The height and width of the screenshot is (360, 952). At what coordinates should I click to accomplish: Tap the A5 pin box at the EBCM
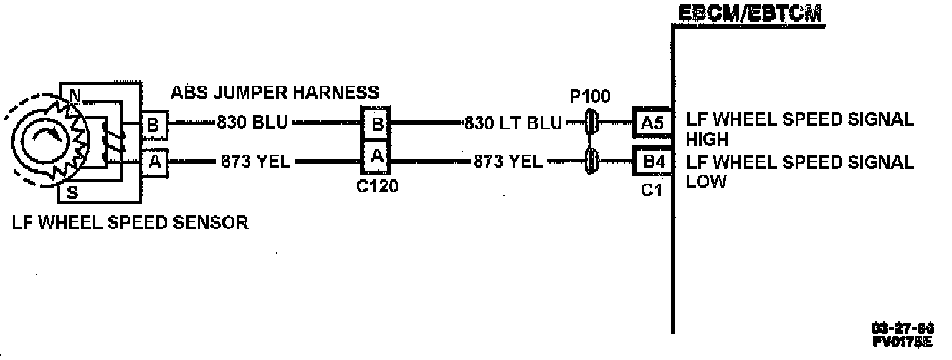652,123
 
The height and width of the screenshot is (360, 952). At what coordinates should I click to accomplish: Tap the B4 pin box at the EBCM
652,161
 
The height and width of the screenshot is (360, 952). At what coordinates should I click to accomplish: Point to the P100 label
590,97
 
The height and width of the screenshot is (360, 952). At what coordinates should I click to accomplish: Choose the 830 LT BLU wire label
513,123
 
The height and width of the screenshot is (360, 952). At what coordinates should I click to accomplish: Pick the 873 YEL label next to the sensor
256,162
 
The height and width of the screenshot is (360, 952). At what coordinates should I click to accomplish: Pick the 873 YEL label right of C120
508,162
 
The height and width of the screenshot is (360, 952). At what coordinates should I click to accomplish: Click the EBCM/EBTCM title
749,14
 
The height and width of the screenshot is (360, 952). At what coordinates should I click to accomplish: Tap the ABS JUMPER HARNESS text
275,93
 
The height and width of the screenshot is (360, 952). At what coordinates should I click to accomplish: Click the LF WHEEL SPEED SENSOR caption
130,223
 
